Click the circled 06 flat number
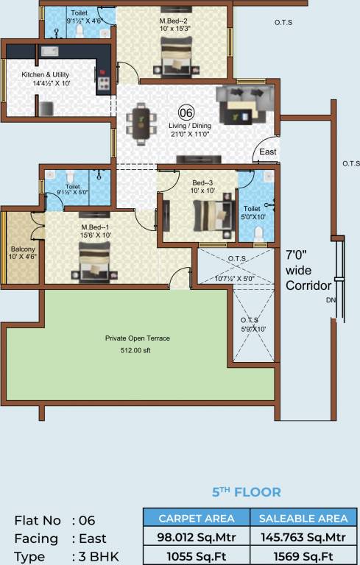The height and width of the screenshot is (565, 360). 186,113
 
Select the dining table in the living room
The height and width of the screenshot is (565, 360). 139,121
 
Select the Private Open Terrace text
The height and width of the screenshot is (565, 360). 137,338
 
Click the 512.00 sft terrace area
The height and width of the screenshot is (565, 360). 137,349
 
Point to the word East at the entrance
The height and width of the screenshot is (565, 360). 267,153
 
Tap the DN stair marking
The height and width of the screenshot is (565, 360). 331,300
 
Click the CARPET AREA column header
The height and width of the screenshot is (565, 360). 196,518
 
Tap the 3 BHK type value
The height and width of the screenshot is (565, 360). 97,556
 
